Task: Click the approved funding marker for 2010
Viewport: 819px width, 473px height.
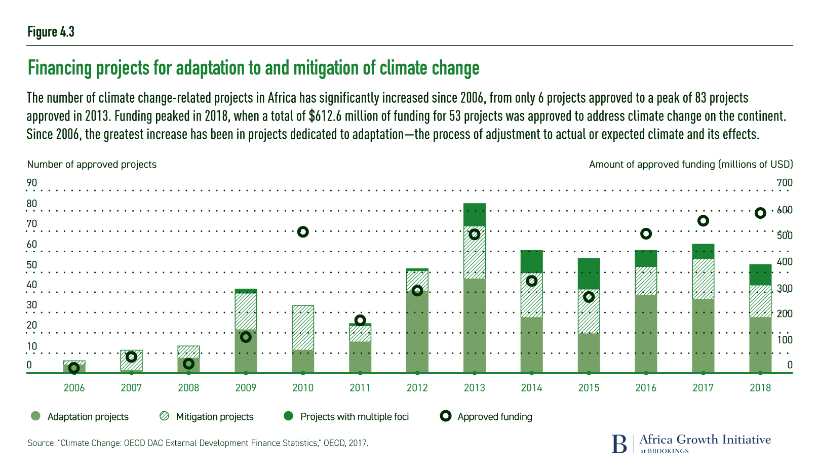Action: [303, 232]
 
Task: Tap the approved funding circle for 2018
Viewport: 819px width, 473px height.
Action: [760, 213]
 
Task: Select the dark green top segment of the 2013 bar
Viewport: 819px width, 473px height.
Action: [475, 215]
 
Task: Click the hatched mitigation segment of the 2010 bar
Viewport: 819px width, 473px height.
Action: [303, 328]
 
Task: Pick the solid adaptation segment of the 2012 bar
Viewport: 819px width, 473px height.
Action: [417, 332]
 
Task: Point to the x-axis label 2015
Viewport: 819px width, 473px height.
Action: [589, 388]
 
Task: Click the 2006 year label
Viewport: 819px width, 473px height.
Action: [74, 388]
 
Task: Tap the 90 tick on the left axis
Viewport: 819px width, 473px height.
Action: [32, 183]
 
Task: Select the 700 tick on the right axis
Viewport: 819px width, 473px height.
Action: [785, 183]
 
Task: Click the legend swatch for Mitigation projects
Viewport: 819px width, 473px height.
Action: [164, 416]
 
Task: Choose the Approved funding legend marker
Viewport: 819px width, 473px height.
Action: [446, 416]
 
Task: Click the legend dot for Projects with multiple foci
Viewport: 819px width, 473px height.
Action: [289, 416]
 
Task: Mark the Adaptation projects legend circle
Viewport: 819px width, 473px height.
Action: [35, 416]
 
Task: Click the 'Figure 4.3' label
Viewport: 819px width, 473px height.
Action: [51, 32]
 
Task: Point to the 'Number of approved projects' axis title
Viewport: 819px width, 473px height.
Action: [92, 165]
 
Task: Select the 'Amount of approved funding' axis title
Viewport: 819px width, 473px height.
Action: [691, 165]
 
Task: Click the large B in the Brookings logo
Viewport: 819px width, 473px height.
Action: [619, 444]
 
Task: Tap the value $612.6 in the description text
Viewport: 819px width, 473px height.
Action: [326, 116]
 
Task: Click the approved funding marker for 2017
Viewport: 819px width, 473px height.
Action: [703, 221]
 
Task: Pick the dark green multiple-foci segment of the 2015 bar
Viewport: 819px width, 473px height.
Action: [589, 273]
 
